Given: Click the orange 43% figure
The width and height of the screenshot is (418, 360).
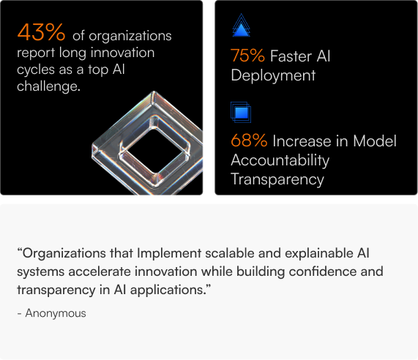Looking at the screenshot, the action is (x=41, y=32).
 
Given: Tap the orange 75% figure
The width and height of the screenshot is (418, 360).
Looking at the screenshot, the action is (x=247, y=56).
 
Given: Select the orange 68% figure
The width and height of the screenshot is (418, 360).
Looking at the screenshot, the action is (x=249, y=140).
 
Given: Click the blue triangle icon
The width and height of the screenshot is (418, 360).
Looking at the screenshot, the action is (x=242, y=25).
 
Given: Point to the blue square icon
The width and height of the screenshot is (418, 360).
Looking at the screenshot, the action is (x=241, y=112).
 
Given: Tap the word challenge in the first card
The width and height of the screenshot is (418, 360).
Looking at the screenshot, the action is (x=48, y=86).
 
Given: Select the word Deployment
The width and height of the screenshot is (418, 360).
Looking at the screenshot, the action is (x=273, y=75).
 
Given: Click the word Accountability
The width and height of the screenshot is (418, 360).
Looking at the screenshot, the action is (x=280, y=160).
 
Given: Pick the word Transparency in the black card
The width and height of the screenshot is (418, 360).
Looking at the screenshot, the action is (x=277, y=179).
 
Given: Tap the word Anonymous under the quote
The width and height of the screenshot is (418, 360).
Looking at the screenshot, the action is (x=56, y=313).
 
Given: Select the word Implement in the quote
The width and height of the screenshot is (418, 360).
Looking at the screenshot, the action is (x=169, y=253).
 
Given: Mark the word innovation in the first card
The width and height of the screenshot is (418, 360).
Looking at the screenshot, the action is (x=123, y=53).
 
